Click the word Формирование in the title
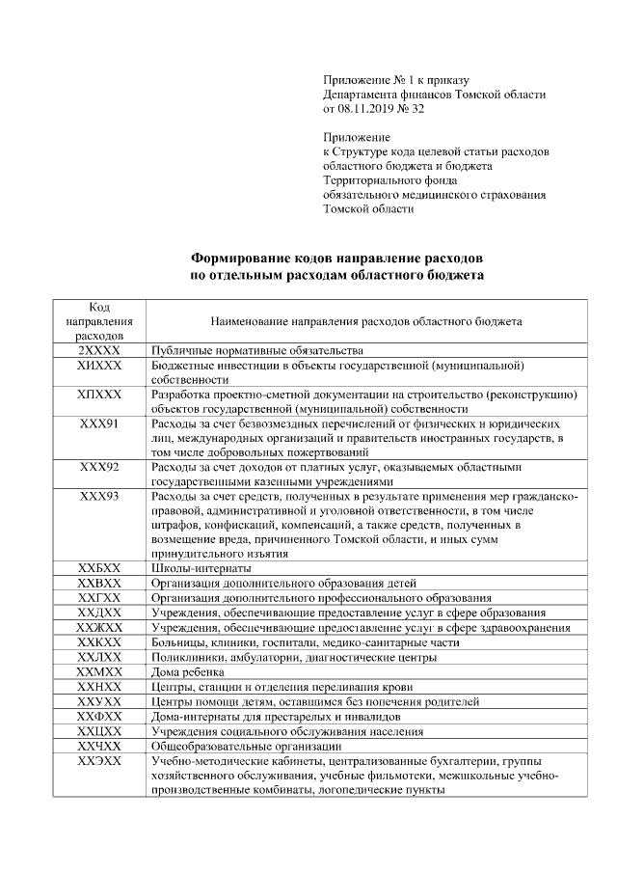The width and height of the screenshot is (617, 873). coord(249,259)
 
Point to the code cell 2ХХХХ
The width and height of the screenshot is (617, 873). coord(99,351)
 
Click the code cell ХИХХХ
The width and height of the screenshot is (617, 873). coord(99,367)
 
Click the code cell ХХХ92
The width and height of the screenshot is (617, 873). coord(99,467)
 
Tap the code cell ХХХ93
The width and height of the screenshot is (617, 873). coord(99,496)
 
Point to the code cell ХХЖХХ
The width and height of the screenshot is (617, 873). coord(99,627)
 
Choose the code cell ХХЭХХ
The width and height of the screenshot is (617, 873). coord(99,761)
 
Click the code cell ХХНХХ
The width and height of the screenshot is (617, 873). coord(99,685)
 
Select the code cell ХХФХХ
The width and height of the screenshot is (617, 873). coord(99,718)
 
